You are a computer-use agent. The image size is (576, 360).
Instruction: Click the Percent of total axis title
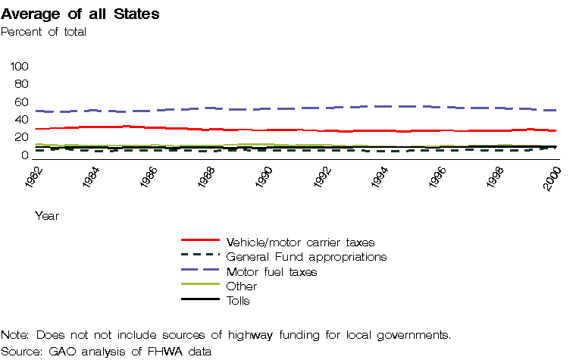[x=44, y=32]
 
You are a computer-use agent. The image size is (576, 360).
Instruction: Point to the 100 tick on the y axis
[x=19, y=67]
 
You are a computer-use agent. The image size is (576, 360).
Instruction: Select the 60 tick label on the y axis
[x=21, y=102]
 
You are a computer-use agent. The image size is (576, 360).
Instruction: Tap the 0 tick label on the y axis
[x=24, y=155]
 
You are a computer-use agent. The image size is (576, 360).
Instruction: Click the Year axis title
[x=47, y=216]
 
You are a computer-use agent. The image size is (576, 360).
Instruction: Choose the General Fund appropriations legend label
[x=306, y=257]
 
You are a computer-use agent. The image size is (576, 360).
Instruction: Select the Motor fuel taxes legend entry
[x=271, y=271]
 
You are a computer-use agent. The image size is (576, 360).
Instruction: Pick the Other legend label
[x=242, y=286]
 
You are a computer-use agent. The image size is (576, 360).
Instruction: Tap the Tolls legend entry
[x=238, y=300]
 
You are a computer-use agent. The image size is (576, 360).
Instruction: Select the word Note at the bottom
[x=14, y=335]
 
